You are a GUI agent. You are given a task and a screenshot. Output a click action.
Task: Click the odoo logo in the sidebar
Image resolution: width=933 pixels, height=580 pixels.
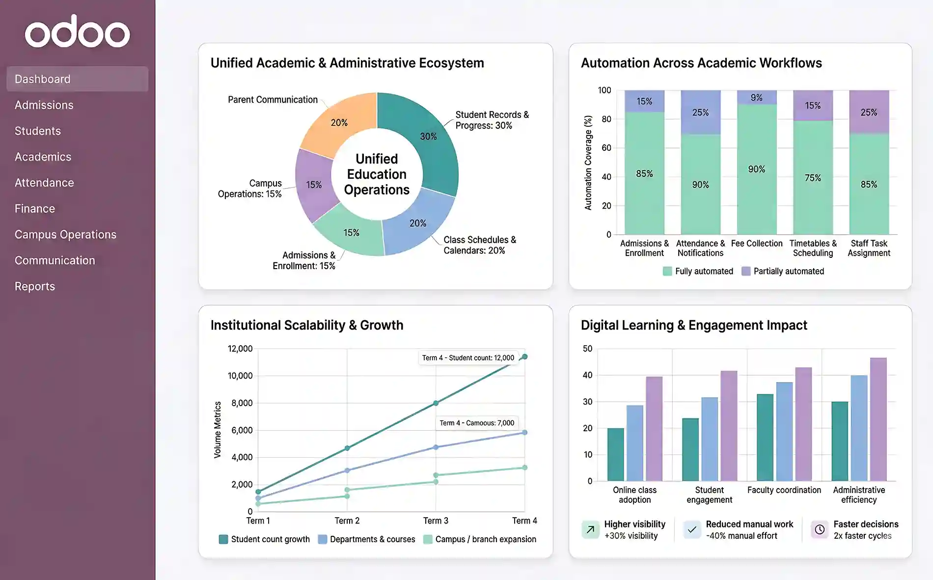78,32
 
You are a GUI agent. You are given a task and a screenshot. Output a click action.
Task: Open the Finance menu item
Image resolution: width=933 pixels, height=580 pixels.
35,209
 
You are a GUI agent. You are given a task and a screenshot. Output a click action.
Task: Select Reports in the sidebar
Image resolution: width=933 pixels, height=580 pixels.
35,286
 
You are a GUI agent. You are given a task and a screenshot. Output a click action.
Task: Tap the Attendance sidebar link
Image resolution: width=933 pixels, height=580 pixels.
44,183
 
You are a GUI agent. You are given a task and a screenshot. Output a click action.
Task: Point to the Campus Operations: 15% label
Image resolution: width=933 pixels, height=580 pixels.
250,189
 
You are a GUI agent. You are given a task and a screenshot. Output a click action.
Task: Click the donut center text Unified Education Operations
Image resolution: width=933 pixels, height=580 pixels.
377,174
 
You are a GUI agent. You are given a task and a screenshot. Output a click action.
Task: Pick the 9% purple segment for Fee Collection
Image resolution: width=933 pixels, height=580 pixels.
757,97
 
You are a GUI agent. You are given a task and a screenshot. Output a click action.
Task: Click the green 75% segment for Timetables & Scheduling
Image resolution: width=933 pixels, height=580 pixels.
813,178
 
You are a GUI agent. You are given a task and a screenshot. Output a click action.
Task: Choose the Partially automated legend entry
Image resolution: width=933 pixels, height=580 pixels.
783,271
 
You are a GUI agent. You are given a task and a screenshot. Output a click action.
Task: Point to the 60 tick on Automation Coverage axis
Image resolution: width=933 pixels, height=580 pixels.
606,148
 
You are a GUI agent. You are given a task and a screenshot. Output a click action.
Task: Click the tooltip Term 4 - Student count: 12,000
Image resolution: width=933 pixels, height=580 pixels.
468,358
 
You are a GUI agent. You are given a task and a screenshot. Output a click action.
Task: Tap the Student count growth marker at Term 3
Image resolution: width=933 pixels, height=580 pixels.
436,403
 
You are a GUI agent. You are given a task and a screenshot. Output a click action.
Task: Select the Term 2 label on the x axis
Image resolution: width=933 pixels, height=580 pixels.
347,521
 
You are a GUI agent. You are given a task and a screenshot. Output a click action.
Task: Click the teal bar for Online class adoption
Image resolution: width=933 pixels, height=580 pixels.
615,454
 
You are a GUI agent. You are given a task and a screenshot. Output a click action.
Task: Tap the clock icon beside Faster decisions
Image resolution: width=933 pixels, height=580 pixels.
820,529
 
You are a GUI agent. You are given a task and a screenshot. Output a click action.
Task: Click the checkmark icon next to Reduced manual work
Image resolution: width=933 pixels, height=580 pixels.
692,529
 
